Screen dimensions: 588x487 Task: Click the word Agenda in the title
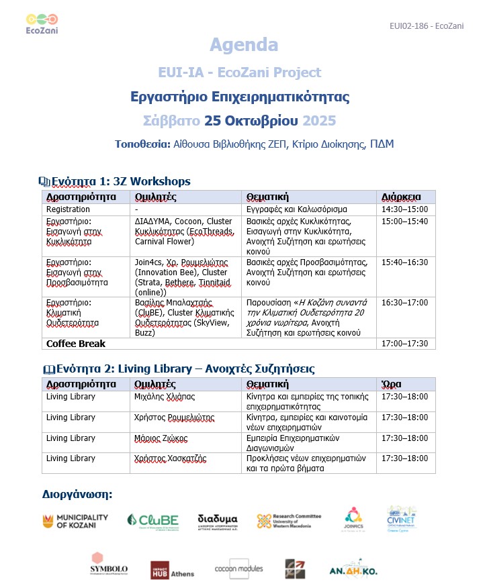243,45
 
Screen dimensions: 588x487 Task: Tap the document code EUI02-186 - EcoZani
427,26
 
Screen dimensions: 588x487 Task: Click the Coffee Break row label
76,343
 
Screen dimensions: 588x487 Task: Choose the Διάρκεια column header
401,197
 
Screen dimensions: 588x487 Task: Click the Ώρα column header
392,384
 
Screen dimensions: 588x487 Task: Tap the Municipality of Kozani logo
75,521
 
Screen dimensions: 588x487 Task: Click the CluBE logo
152,521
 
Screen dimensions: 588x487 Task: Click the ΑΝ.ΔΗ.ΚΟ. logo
353,567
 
